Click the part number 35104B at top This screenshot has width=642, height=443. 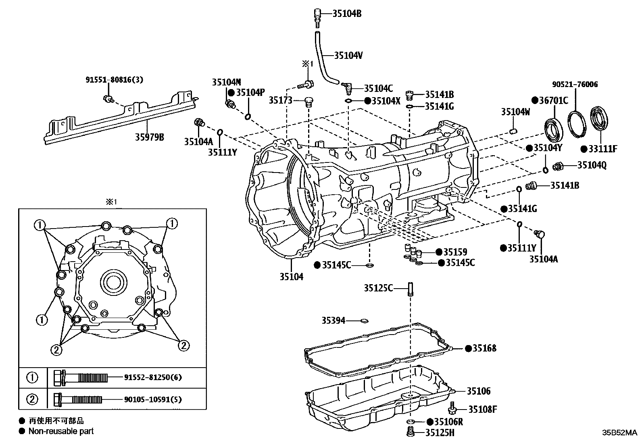click(347, 14)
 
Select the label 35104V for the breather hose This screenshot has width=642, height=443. click(348, 56)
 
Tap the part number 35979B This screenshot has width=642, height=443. click(149, 137)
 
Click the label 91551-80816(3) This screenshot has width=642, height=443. click(114, 80)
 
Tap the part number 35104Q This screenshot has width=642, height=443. click(592, 165)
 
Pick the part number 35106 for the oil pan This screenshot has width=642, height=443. click(479, 391)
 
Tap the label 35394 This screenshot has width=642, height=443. click(333, 320)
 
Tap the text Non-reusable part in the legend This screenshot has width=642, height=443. click(60, 431)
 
